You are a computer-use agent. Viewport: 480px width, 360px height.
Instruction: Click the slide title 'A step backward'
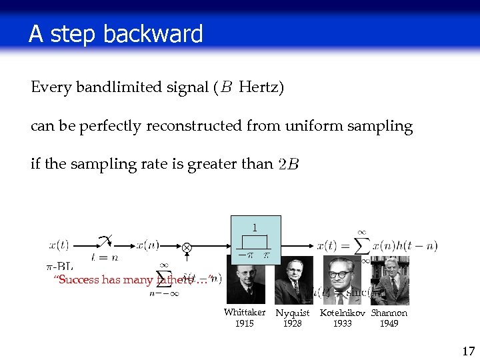(115, 34)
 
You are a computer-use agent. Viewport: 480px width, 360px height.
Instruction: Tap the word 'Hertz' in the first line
(261, 87)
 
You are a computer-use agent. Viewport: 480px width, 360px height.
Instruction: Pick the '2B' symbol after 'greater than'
(289, 165)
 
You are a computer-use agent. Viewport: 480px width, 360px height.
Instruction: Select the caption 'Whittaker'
(244, 313)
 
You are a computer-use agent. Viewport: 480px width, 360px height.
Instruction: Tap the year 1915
(244, 324)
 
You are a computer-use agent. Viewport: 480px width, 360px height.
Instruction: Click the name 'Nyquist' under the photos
(293, 313)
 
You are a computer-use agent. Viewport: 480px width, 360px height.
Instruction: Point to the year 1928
(293, 324)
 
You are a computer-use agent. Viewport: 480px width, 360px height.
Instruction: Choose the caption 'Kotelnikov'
(343, 313)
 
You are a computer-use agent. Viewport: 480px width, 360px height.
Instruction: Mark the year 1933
(343, 324)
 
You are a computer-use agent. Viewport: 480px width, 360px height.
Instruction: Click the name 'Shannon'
(389, 313)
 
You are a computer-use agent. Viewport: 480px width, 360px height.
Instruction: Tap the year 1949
(389, 324)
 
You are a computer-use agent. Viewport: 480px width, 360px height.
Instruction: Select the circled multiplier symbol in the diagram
(187, 247)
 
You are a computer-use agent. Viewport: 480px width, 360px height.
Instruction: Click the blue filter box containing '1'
(255, 239)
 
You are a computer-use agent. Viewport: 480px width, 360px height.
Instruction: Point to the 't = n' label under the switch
(105, 256)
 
